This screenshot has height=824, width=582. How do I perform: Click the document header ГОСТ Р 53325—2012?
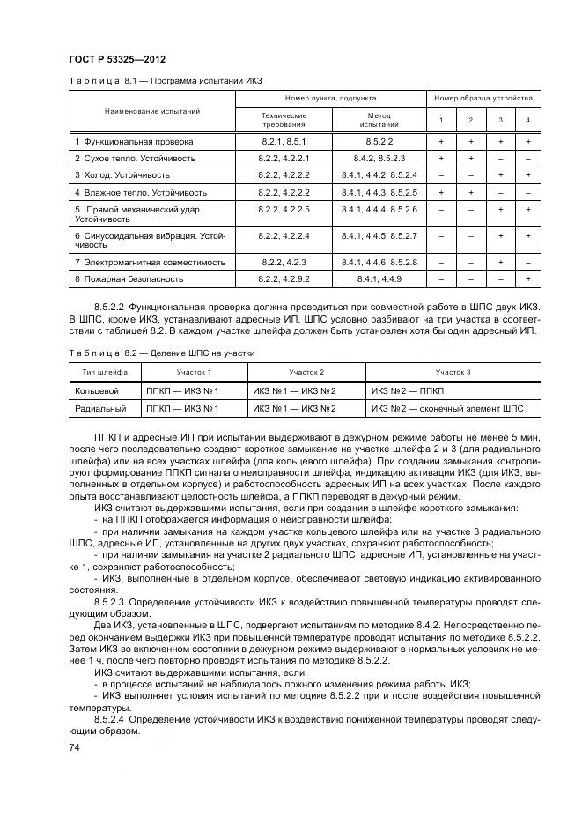116,57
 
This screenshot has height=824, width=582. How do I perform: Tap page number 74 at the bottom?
75,747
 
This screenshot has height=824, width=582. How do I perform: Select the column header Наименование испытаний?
152,112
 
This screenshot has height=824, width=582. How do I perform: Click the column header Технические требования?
284,120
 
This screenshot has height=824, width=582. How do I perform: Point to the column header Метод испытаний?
378,120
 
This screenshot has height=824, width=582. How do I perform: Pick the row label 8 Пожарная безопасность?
129,278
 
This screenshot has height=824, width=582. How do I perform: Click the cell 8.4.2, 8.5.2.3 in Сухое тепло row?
379,158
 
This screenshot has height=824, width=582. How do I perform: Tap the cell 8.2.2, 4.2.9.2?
284,278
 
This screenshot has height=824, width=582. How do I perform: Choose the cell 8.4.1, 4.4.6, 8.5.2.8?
379,262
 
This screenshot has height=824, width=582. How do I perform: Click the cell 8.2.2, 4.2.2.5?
284,209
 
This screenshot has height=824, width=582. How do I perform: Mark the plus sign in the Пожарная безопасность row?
527,278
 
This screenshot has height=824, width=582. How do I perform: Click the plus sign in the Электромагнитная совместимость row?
499,262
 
